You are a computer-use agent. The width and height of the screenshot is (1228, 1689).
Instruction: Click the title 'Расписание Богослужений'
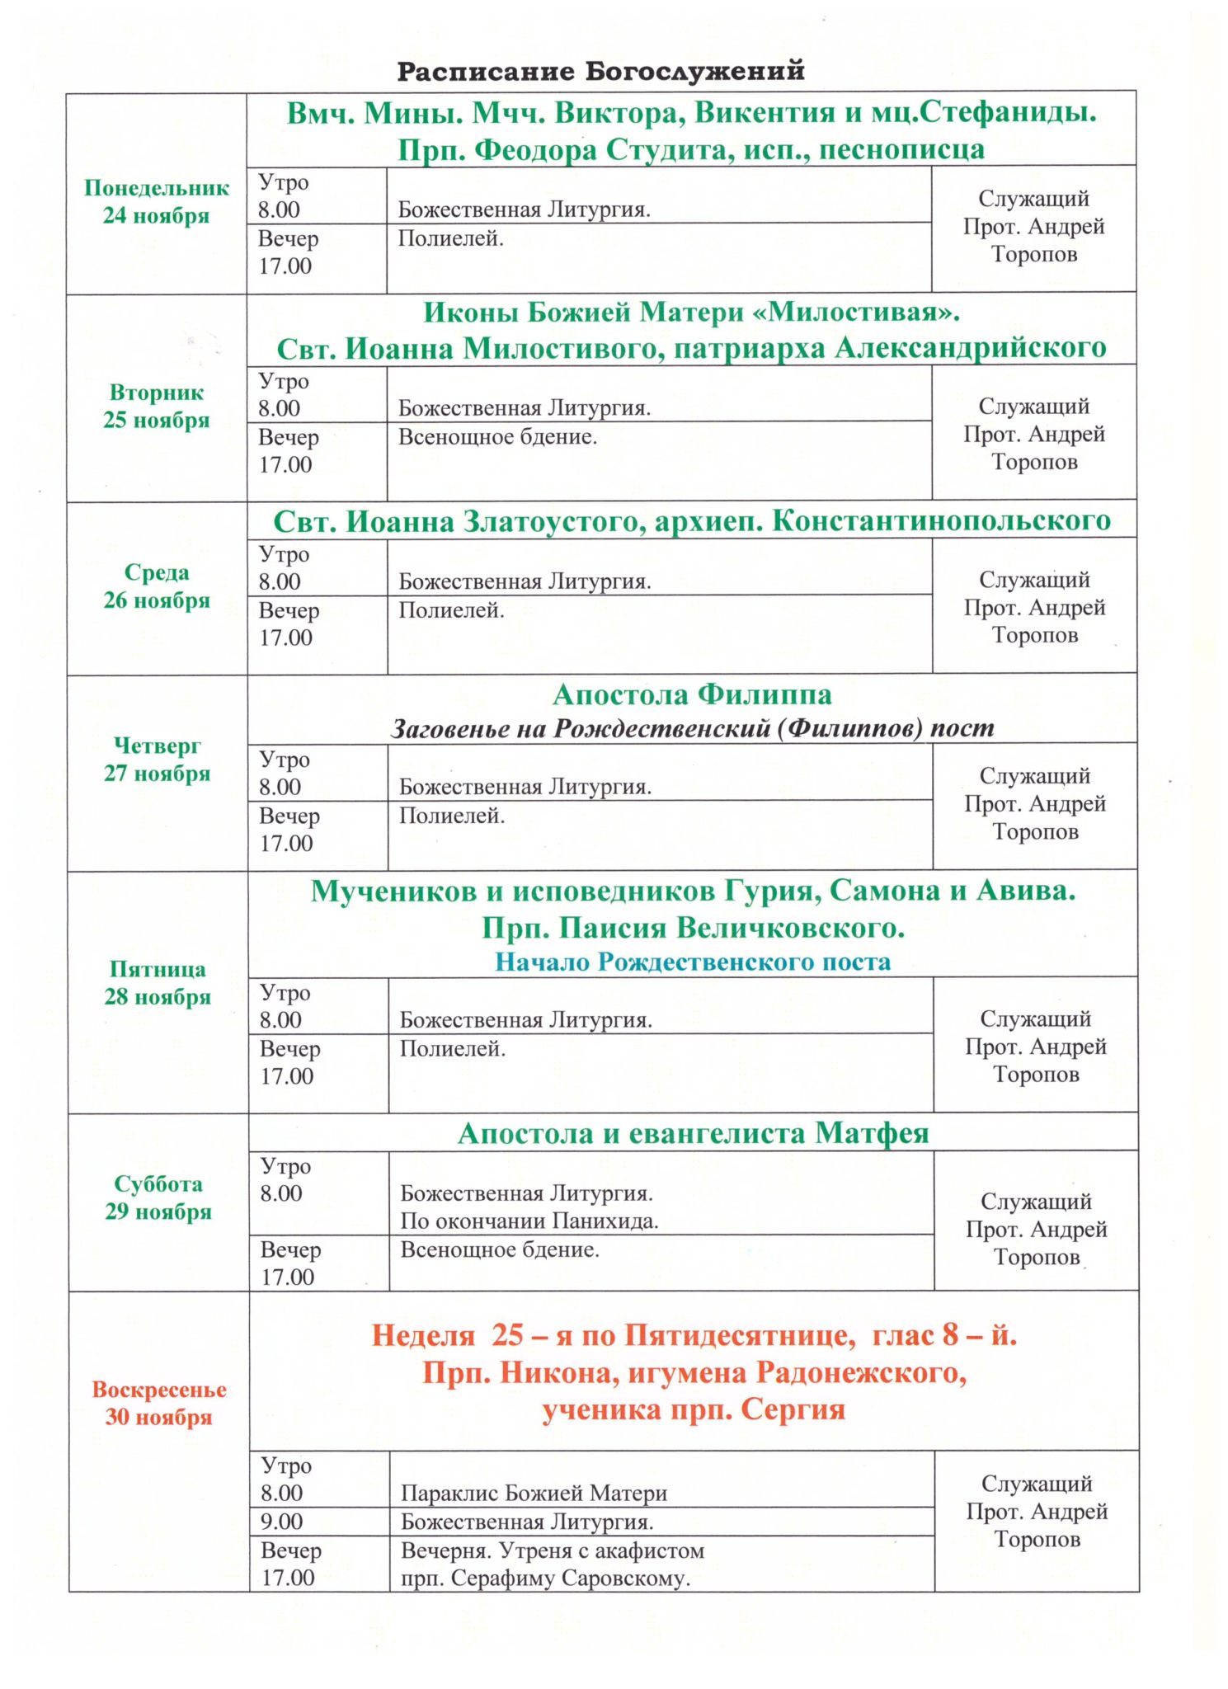[x=600, y=72]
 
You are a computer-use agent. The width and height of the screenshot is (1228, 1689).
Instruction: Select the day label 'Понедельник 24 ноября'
[x=157, y=202]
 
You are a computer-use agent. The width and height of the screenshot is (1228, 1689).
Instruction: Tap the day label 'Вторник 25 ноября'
[x=157, y=407]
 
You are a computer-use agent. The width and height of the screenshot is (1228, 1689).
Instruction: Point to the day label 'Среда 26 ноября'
[x=157, y=586]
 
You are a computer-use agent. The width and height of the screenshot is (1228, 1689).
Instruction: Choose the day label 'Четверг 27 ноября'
[x=157, y=760]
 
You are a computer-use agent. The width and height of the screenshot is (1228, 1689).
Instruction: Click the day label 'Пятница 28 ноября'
[x=158, y=983]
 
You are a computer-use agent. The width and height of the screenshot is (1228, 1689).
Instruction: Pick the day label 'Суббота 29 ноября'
[x=158, y=1197]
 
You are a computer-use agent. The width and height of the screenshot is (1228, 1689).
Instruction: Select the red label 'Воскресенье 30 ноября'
[x=158, y=1404]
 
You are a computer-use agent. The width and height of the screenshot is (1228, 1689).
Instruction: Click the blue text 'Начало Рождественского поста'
[x=693, y=962]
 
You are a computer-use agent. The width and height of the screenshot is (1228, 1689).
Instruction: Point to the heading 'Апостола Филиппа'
[x=692, y=695]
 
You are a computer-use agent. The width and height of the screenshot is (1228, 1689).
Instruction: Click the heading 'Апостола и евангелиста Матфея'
[x=693, y=1134]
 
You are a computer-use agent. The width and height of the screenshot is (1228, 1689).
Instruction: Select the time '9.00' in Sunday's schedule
[x=282, y=1522]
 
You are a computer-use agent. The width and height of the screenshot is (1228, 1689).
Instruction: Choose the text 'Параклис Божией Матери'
[x=534, y=1494]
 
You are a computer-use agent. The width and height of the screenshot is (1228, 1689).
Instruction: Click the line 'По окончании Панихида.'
[x=529, y=1221]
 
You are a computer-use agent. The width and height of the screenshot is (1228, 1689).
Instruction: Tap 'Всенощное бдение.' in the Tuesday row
[x=497, y=437]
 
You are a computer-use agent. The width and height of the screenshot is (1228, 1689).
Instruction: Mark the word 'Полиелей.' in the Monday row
[x=450, y=239]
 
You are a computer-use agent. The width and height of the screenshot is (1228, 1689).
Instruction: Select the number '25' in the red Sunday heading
[x=508, y=1335]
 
